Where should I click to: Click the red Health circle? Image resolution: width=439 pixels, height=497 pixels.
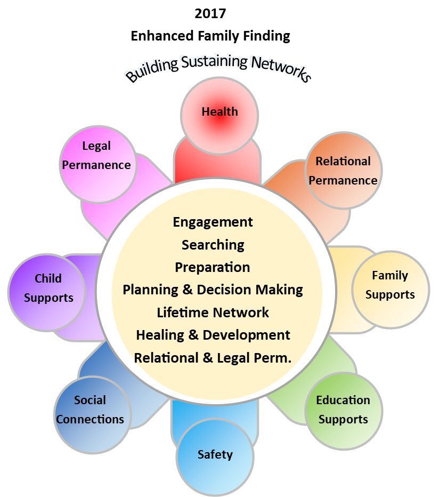pyautogui.click(x=220, y=115)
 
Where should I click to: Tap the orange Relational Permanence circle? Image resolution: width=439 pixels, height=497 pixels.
pyautogui.click(x=344, y=171)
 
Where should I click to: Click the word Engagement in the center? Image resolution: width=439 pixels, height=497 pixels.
pyautogui.click(x=213, y=222)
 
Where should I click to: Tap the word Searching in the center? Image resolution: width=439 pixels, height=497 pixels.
pyautogui.click(x=213, y=245)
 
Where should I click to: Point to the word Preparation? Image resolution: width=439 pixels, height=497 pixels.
pyautogui.click(x=213, y=267)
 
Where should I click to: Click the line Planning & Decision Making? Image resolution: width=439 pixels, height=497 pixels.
pyautogui.click(x=213, y=290)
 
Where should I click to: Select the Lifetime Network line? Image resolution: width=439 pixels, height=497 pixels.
pyautogui.click(x=213, y=312)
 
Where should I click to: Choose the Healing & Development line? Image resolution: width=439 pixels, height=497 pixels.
pyautogui.click(x=213, y=335)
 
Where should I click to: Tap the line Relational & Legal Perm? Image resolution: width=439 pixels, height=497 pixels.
pyautogui.click(x=213, y=358)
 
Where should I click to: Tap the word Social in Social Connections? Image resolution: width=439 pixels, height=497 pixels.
pyautogui.click(x=90, y=400)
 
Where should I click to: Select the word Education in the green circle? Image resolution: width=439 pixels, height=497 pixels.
pyautogui.click(x=343, y=400)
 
